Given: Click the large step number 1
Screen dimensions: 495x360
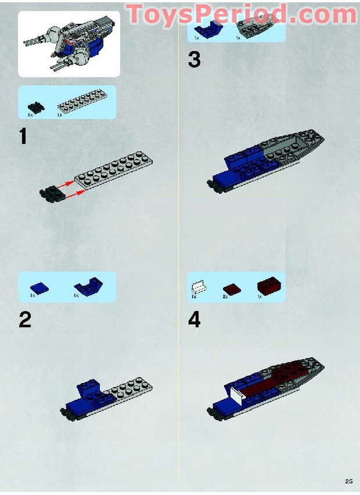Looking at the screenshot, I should click(x=23, y=137).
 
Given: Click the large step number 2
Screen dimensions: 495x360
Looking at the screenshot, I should click(x=24, y=320).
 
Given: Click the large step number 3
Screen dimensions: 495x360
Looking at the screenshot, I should click(x=194, y=60).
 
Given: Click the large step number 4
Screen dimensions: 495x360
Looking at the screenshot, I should click(x=194, y=320).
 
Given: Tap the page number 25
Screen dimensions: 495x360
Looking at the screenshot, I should click(x=348, y=480).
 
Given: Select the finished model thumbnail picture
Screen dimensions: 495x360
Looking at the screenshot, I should click(x=69, y=44).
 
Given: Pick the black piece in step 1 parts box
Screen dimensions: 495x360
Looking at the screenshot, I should click(x=36, y=107).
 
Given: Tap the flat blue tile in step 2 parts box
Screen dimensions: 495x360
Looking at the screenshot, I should click(x=39, y=287).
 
